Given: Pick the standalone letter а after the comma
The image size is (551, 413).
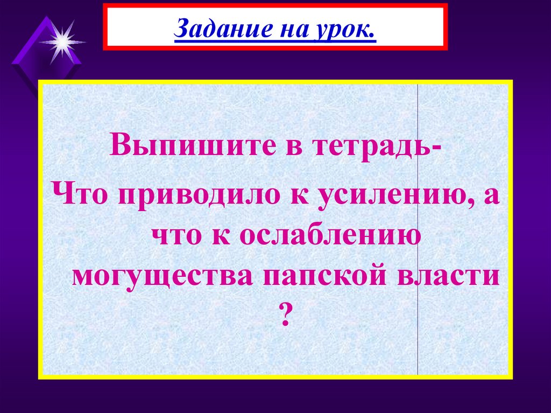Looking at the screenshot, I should click(490, 195).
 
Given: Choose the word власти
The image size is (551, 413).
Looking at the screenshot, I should click(450, 275).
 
